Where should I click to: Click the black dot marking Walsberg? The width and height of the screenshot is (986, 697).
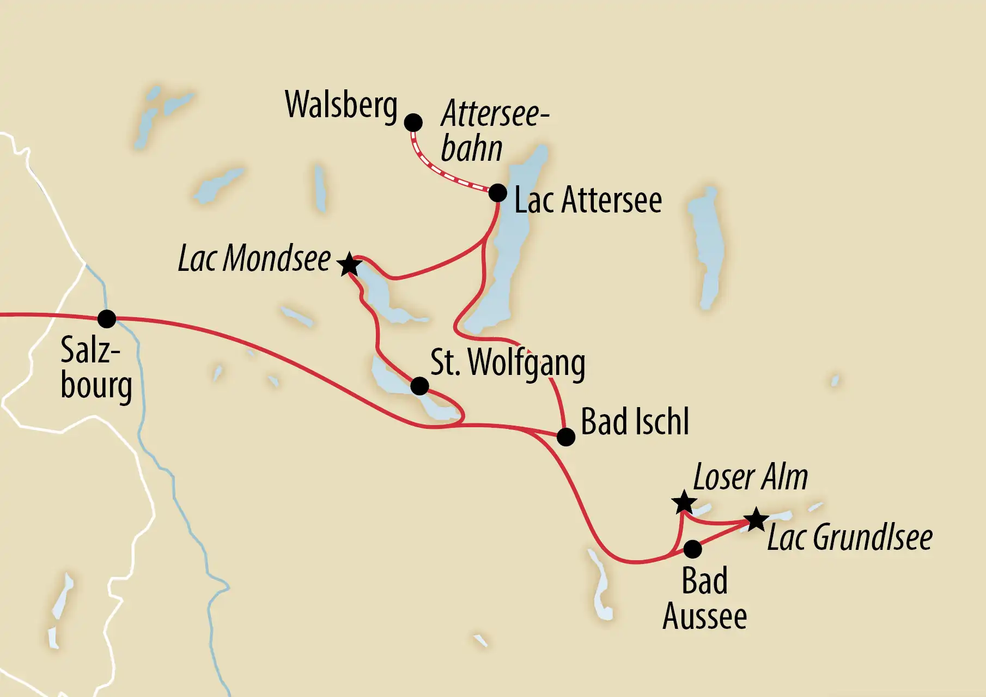(413, 123)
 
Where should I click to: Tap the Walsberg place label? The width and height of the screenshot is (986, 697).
(341, 105)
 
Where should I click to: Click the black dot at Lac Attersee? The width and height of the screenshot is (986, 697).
(497, 193)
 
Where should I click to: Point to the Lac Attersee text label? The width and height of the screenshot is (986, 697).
(588, 200)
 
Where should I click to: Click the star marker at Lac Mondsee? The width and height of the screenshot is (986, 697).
(349, 265)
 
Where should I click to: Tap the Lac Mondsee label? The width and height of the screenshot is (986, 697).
(254, 258)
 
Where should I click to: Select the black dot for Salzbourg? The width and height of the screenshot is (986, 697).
(107, 319)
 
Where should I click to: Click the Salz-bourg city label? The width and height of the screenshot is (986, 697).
(96, 367)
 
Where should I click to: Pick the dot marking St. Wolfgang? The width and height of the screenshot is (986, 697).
(419, 386)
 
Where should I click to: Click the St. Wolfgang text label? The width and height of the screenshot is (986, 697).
(508, 363)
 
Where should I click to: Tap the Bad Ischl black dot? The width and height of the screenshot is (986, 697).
(566, 437)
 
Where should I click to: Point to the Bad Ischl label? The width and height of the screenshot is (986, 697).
(635, 422)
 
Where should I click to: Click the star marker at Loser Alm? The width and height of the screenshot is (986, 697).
(684, 502)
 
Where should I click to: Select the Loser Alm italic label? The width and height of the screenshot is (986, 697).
(750, 478)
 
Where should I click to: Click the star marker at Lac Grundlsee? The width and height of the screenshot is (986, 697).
(756, 519)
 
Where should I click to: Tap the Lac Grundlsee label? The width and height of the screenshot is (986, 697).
(850, 538)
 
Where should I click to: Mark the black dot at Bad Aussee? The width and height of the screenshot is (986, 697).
(692, 549)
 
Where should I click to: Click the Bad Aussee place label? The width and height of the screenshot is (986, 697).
(704, 598)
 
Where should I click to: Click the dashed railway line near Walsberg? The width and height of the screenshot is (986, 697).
(436, 169)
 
